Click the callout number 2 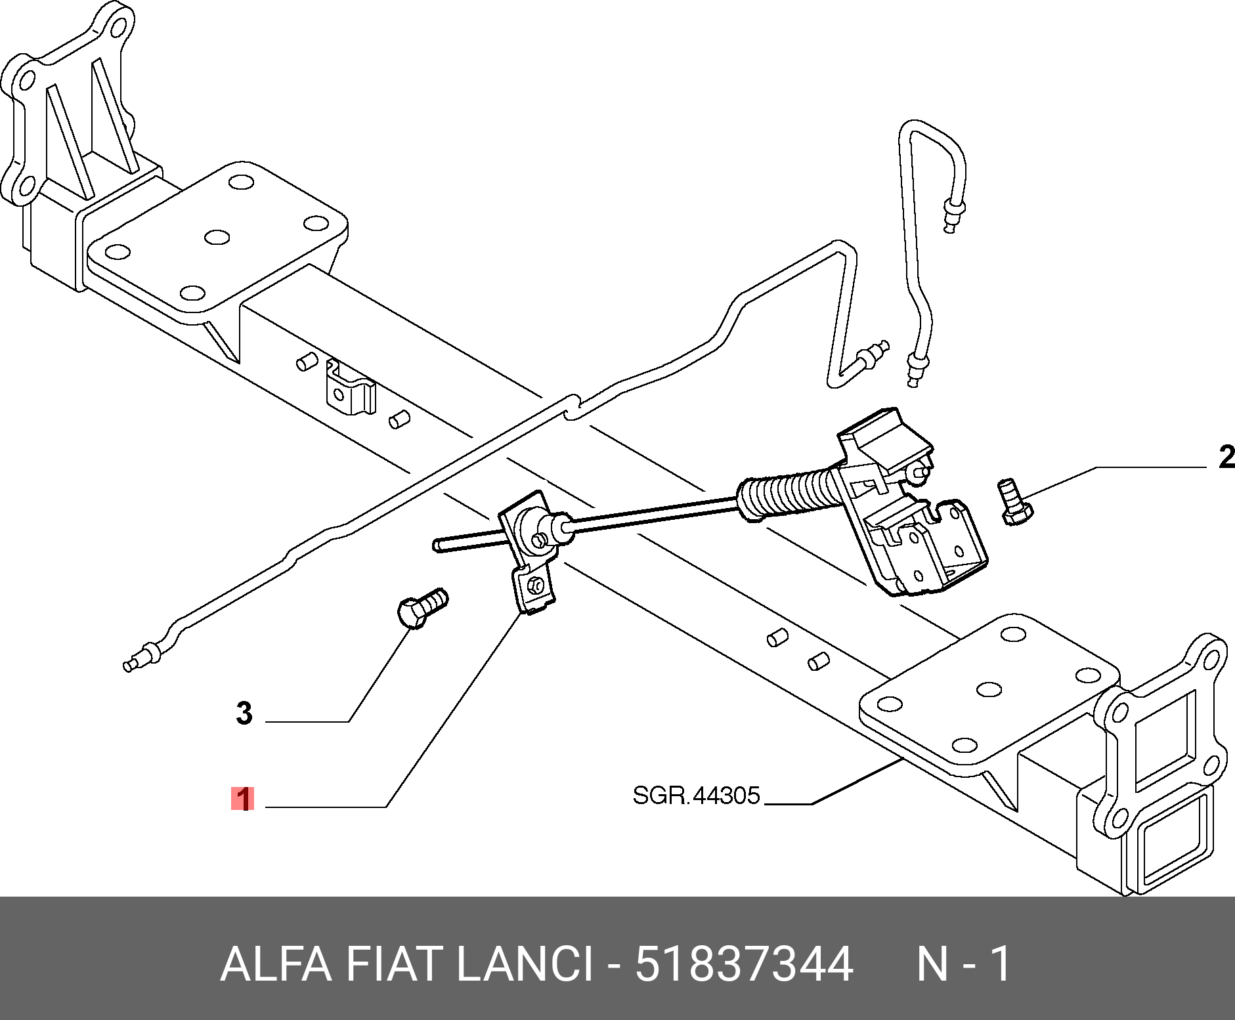pyautogui.click(x=1225, y=457)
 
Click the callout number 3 pyautogui.click(x=244, y=713)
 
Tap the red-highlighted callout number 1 pyautogui.click(x=242, y=799)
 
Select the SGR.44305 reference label pyautogui.click(x=696, y=796)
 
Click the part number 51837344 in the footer pyautogui.click(x=744, y=964)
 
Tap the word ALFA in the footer pyautogui.click(x=276, y=964)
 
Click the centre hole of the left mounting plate pyautogui.click(x=217, y=237)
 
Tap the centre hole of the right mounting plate pyautogui.click(x=988, y=689)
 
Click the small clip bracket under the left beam pyautogui.click(x=350, y=390)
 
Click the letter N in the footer pyautogui.click(x=932, y=964)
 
